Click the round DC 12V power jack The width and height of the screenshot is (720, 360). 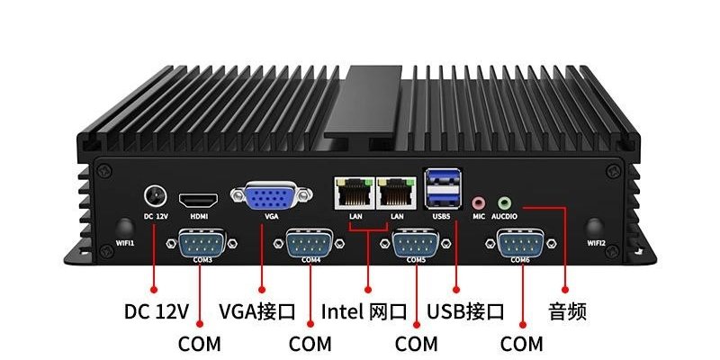point(155,196)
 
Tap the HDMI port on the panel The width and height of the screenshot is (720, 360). point(198,200)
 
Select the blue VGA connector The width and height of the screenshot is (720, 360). point(272,196)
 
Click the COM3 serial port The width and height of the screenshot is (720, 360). point(202,243)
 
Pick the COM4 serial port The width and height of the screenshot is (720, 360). point(310,243)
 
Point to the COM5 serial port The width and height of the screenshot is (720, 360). point(416,243)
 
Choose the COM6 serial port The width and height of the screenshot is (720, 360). point(521,243)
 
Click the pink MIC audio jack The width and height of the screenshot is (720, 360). point(479,202)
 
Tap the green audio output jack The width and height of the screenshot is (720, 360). point(505,202)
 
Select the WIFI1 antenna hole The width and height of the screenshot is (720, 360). point(125,229)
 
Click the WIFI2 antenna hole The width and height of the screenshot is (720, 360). point(595,229)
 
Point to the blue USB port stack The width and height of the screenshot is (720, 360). point(443,188)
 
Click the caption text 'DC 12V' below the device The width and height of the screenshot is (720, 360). point(156,311)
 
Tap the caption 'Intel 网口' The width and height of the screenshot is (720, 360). point(364,311)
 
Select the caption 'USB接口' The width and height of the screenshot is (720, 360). point(465,311)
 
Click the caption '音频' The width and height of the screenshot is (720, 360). point(568,311)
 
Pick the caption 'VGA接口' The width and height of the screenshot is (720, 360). point(257,311)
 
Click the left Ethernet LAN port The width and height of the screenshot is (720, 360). point(355,193)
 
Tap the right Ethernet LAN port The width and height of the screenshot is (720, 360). point(396,193)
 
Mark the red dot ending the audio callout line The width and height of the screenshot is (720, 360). point(565,290)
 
